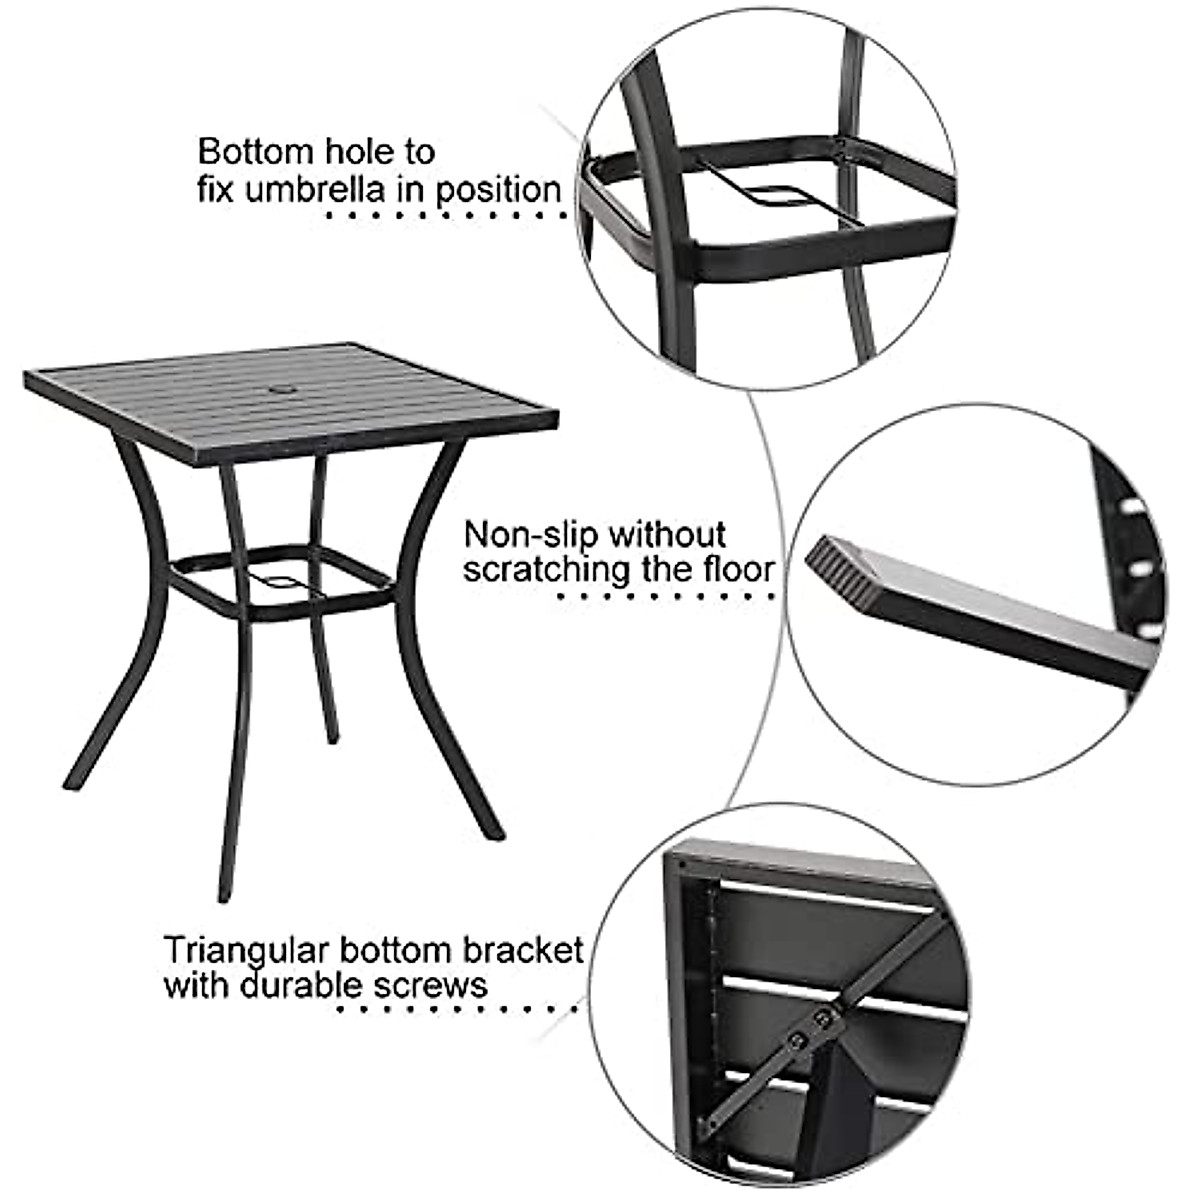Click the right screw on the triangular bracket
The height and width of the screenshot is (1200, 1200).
click(822, 1020)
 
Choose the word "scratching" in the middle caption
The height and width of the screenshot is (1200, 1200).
click(546, 569)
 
